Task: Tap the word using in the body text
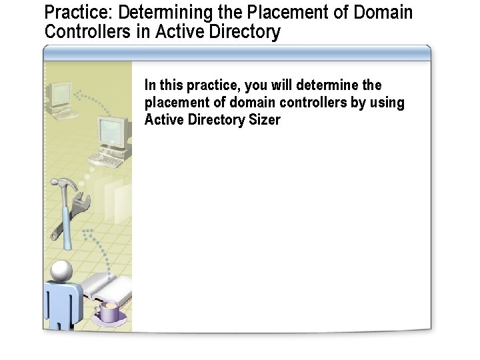[x=387, y=103]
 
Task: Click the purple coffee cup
[x=109, y=311]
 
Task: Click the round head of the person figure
[x=61, y=270]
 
